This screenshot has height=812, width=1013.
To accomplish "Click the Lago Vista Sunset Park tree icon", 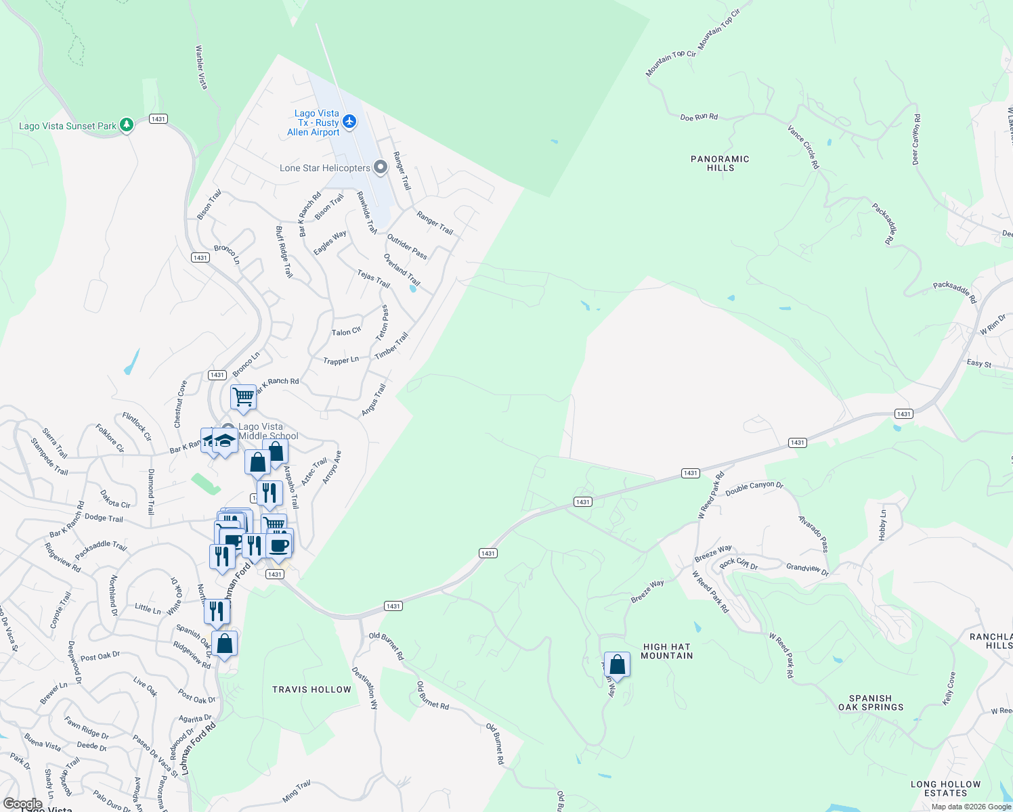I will coord(126,125).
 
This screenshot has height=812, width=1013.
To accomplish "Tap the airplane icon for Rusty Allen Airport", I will coord(349,122).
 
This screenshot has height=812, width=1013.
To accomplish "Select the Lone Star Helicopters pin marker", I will coord(381,166).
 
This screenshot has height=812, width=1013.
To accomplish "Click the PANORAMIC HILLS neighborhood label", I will coord(720,163).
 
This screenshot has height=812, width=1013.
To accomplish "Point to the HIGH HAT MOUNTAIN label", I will coord(666,651).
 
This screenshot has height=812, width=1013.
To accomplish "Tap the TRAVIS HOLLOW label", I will coord(311,690).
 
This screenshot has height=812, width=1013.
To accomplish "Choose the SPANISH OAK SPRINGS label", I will coord(870,702).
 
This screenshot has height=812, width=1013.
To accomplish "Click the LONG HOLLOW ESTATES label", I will coord(945,788).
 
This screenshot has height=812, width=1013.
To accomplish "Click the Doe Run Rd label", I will coord(699,117).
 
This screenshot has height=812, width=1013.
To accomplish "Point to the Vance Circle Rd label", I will coord(803,146).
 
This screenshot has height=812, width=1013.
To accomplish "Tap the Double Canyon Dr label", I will coord(754,489).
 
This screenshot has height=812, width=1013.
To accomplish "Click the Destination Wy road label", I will coord(365,687).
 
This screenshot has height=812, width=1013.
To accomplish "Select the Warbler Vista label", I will coord(201,67).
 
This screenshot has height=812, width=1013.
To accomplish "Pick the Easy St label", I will coord(978,363).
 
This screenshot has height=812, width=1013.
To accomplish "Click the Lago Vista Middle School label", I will coord(269,431).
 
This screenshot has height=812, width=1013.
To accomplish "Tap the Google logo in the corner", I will coord(22,804).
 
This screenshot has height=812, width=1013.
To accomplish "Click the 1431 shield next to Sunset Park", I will coord(158,119).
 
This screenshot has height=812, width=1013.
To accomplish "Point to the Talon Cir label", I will coord(346,332).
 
